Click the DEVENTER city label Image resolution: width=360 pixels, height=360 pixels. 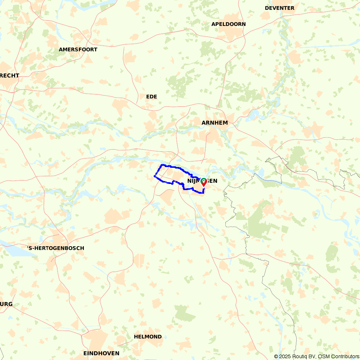click(x=279, y=8)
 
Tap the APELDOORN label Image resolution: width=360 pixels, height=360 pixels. click(x=229, y=24)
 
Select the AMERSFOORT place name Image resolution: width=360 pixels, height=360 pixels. click(x=78, y=49)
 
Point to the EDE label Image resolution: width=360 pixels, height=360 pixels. click(x=152, y=96)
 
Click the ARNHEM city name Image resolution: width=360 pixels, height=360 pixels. click(x=215, y=123)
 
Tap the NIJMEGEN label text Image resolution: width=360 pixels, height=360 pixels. click(x=202, y=181)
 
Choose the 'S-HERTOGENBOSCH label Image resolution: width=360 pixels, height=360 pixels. click(x=56, y=248)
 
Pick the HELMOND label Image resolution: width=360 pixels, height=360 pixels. click(x=148, y=337)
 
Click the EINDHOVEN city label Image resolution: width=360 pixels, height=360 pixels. click(x=101, y=353)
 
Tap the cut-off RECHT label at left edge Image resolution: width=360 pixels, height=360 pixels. click(x=9, y=76)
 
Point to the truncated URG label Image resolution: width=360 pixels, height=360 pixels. click(x=6, y=304)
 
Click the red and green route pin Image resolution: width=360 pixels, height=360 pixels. click(x=203, y=182)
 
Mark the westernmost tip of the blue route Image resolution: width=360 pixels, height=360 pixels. click(x=154, y=176)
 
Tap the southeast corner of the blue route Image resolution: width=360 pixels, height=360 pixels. click(x=204, y=193)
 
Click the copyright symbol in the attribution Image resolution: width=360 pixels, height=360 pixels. click(x=276, y=356)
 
